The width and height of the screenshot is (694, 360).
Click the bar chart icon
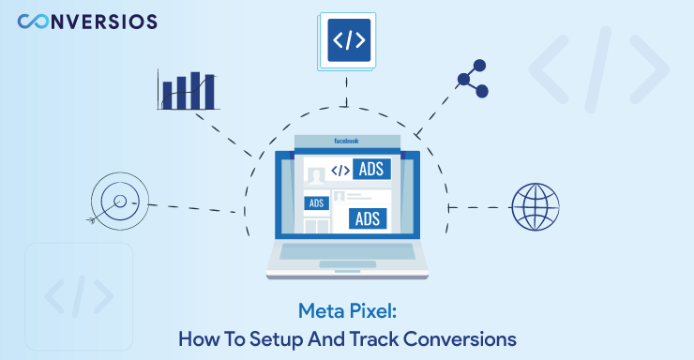tap(188, 90)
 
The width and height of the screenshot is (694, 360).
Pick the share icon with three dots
tap(473, 79)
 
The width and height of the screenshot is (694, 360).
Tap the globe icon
tap(535, 206)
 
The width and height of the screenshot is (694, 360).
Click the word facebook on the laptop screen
tap(347, 141)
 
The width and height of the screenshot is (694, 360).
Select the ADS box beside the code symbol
tap(372, 170)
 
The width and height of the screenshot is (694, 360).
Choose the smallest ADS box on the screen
tap(316, 202)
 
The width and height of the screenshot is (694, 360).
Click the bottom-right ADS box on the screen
tap(368, 218)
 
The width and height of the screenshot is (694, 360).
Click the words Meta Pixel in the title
tap(346, 309)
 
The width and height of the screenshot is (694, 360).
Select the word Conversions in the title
tap(464, 336)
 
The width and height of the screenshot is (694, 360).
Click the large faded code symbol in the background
tap(598, 71)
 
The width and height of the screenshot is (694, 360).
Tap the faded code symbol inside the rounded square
tap(79, 297)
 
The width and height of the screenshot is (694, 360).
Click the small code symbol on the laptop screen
tap(340, 171)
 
